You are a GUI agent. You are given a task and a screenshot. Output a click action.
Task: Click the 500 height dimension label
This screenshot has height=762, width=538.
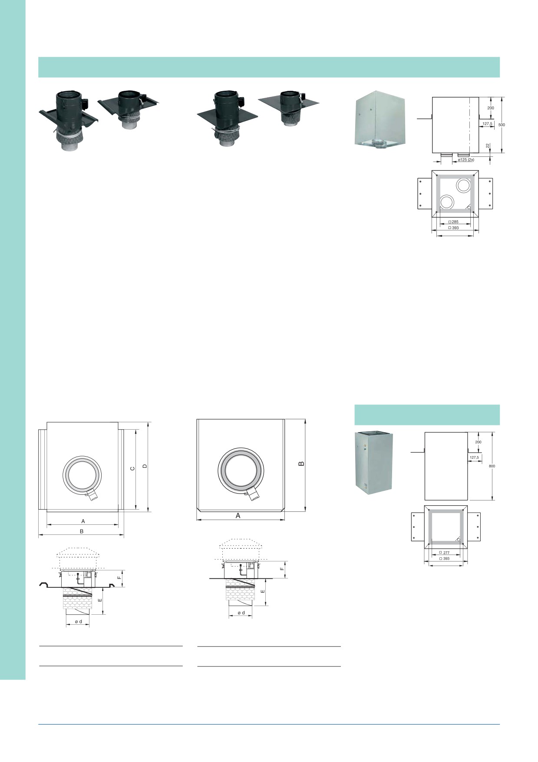[x=502, y=125]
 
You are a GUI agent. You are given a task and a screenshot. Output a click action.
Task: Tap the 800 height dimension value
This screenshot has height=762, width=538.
[x=492, y=466]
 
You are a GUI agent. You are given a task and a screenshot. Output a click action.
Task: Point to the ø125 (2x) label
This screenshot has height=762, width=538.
[x=466, y=160]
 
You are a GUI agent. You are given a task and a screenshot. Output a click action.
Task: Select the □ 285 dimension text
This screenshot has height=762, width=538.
[x=453, y=222]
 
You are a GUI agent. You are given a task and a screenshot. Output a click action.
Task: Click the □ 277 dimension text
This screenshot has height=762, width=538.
[x=444, y=553]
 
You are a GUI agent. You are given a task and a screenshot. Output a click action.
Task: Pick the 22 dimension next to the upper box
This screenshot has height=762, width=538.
[x=488, y=146]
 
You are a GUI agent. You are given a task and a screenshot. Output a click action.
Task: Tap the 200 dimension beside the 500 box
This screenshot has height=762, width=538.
[x=491, y=108]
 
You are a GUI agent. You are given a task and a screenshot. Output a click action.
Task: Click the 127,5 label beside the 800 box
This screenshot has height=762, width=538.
[x=474, y=457]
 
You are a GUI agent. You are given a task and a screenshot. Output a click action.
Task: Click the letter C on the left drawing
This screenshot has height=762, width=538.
[x=133, y=468]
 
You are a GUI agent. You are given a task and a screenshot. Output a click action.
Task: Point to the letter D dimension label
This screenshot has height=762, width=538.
[x=145, y=466]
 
